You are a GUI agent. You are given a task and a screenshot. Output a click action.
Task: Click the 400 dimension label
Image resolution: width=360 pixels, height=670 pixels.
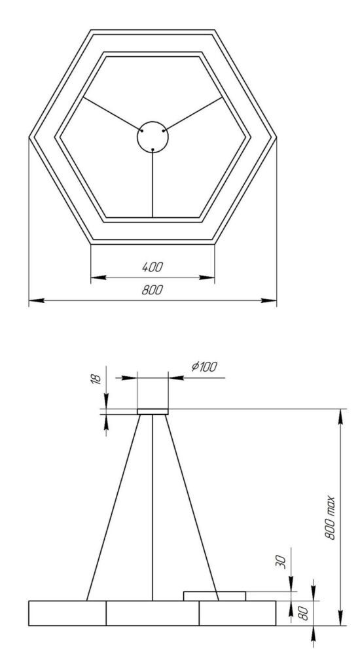(x=153, y=268)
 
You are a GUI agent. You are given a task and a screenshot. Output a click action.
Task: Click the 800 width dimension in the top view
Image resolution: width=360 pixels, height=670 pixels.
(x=153, y=290)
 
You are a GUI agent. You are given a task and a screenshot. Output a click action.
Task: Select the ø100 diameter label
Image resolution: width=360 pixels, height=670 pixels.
(x=204, y=366)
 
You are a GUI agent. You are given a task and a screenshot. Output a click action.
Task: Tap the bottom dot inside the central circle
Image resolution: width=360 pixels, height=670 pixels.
(x=153, y=149)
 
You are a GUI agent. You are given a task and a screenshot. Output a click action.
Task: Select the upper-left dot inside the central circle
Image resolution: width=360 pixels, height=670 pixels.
(x=142, y=131)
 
